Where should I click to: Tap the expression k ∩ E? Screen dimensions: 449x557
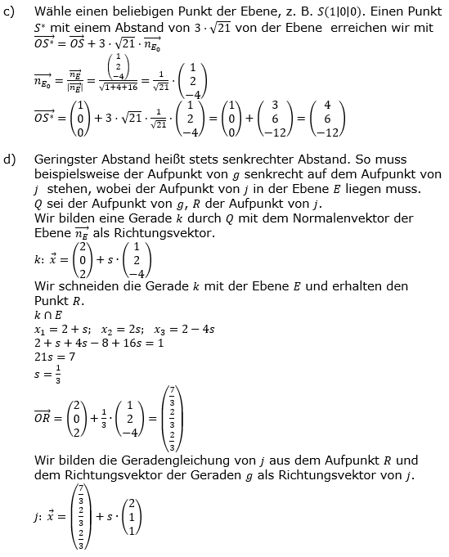[x=50, y=315]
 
